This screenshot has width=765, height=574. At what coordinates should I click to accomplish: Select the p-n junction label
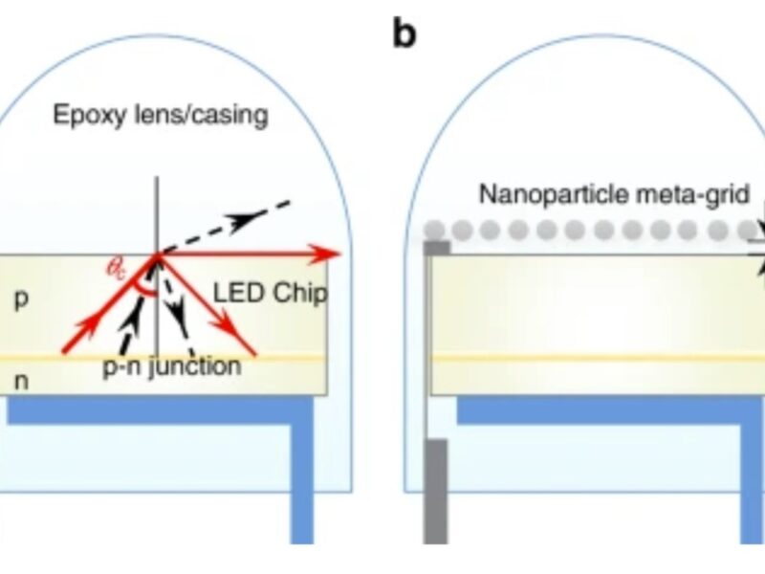point(172,365)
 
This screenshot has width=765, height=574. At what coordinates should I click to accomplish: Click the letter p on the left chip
point(21,298)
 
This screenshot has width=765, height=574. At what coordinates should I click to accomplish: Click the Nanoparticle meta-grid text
point(601,195)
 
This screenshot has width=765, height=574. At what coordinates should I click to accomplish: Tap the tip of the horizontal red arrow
point(337,254)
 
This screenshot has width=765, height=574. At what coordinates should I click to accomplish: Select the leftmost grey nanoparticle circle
point(434,230)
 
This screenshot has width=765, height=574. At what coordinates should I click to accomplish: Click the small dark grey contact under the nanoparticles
point(436,248)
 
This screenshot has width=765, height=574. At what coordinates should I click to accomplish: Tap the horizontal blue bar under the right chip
point(612,409)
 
